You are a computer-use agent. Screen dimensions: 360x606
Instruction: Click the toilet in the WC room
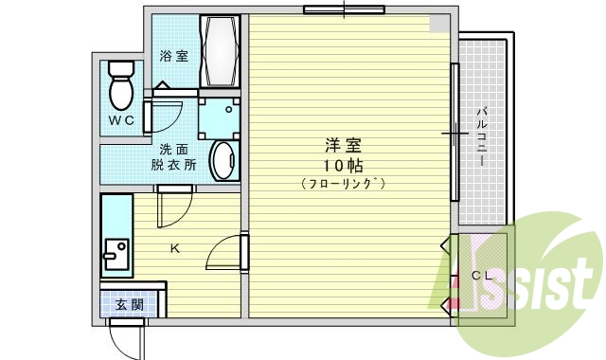pos(119,85)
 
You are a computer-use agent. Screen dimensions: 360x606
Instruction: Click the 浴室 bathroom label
pos(173,56)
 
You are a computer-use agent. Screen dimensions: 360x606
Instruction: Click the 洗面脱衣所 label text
pos(173,157)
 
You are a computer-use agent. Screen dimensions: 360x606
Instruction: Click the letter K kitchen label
pos(174,250)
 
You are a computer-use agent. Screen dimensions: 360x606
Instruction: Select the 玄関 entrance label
pos(129,305)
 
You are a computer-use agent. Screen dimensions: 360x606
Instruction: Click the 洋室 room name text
pos(344,146)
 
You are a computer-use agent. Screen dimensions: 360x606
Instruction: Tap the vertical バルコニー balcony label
pos(481,137)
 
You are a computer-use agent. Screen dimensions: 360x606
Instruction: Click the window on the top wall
pos(337,10)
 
